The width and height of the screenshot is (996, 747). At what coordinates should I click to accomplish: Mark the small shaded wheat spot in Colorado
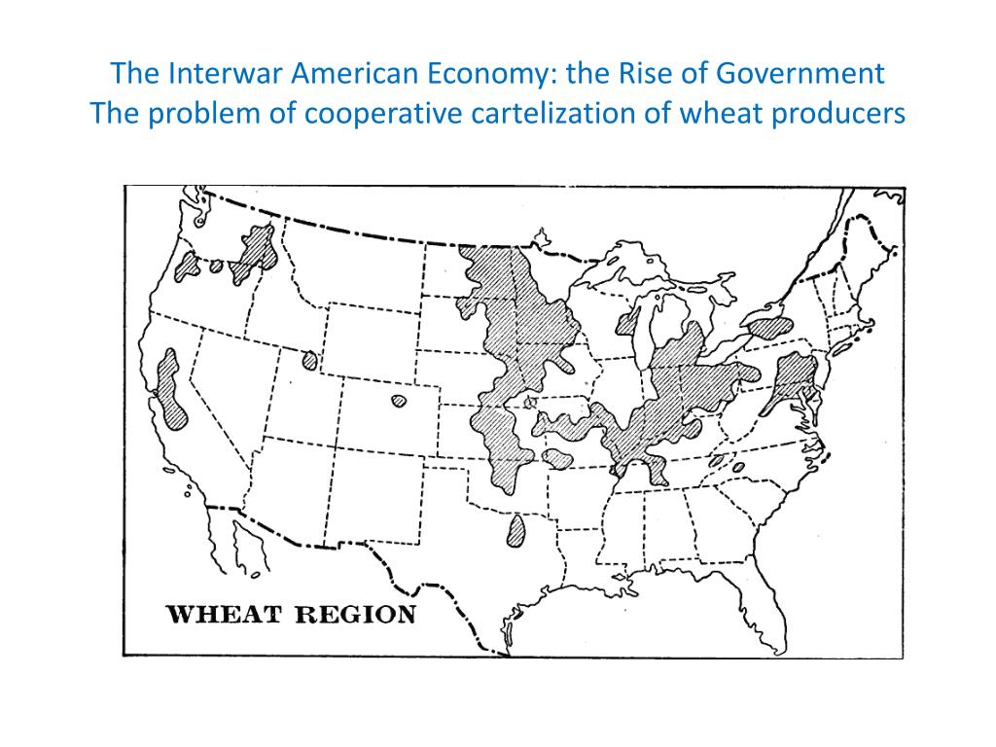click(398, 401)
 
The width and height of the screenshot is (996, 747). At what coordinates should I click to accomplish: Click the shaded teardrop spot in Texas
click(516, 531)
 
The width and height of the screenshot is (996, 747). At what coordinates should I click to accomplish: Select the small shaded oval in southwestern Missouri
click(556, 457)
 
